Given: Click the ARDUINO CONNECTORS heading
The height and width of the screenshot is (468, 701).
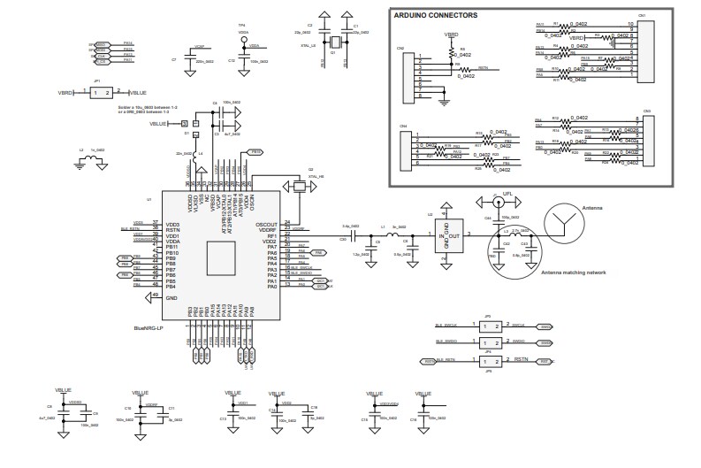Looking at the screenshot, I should tap(437, 15).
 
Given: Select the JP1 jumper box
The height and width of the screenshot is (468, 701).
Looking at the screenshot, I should tap(101, 92).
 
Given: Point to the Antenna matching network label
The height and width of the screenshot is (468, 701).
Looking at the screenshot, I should tap(573, 273).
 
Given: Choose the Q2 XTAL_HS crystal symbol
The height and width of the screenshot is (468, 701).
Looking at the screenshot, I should tap(292, 186).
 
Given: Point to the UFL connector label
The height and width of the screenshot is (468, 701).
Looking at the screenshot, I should tap(507, 193).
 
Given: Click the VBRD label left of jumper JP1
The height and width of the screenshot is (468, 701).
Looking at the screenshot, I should tap(66, 92).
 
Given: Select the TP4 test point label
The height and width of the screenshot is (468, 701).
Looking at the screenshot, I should tap(241, 25).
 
